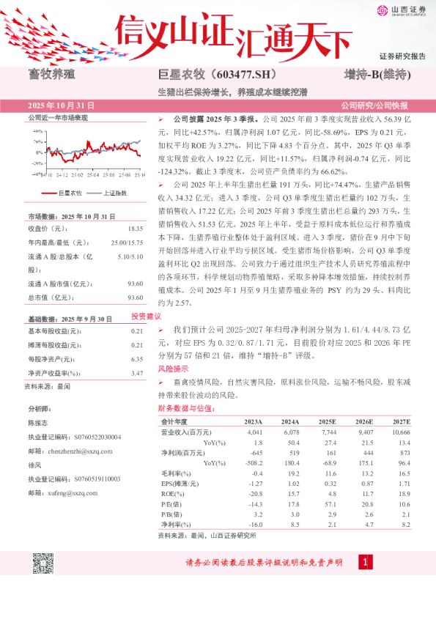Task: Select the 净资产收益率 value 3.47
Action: click(136, 373)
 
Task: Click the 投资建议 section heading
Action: click(146, 316)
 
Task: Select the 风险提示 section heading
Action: click(173, 369)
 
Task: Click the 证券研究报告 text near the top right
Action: click(403, 56)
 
